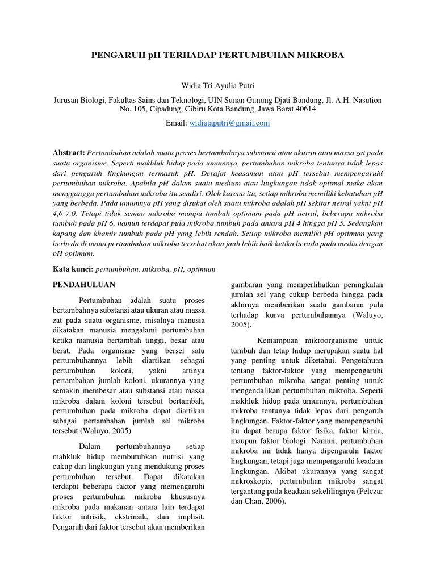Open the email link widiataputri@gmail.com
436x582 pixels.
(229, 123)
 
